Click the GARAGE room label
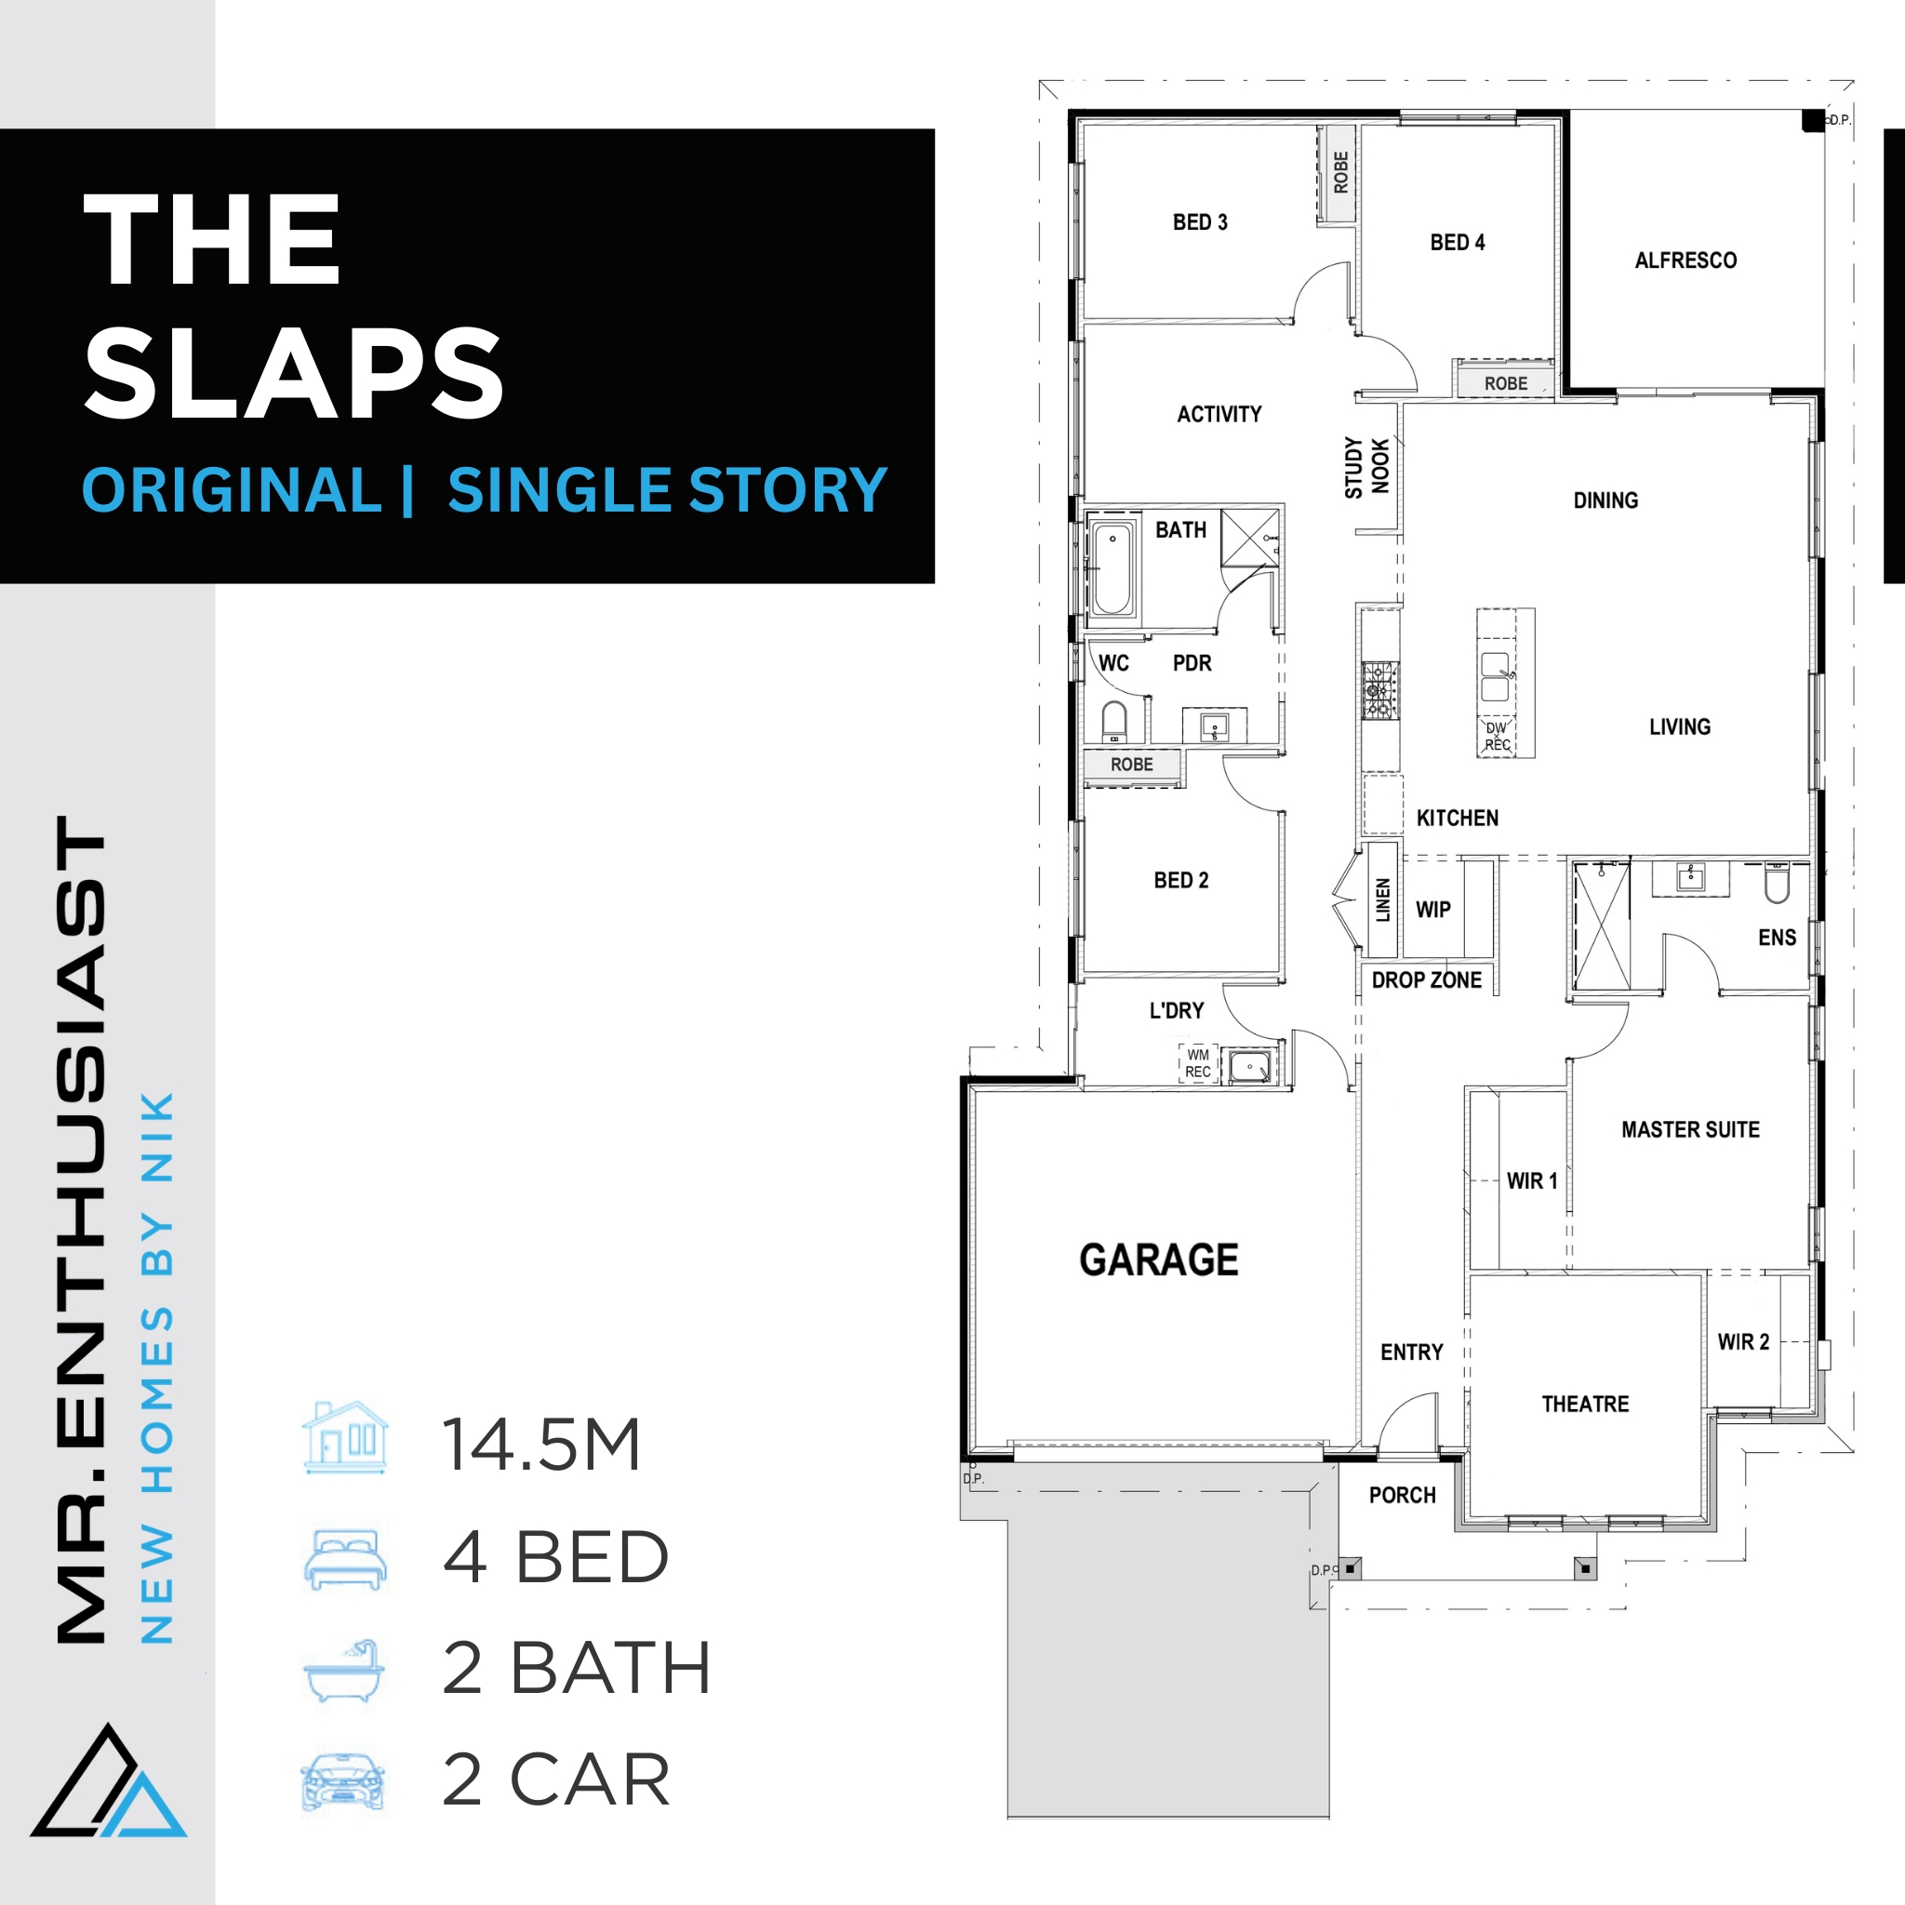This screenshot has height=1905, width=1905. tap(1159, 1260)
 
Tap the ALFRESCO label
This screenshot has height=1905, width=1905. tap(1685, 260)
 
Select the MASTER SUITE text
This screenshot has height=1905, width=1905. tap(1690, 1130)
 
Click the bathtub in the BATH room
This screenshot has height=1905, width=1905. tap(1112, 570)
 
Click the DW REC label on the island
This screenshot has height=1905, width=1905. tap(1497, 737)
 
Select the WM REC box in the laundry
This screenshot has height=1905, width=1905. tap(1198, 1063)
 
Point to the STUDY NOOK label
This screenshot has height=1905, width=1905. tap(1366, 467)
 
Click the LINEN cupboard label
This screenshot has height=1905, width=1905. tap(1382, 900)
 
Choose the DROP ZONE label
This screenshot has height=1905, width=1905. tap(1426, 980)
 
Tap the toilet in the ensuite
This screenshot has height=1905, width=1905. tap(1777, 884)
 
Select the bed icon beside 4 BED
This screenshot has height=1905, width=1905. tap(344, 1559)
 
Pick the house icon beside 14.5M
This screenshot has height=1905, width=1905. tap(345, 1438)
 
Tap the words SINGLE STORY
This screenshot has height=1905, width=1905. tap(668, 491)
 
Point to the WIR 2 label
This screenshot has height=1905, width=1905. tap(1743, 1342)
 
